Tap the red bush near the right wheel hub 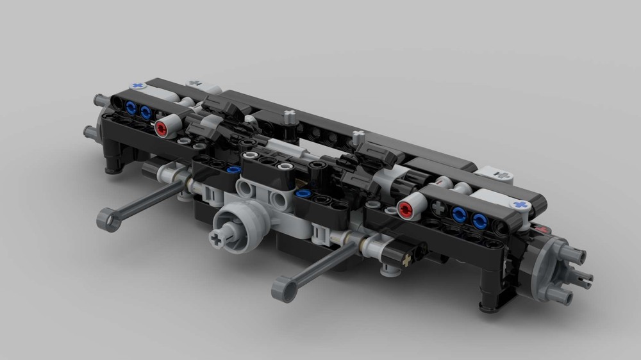pyautogui.click(x=405, y=209)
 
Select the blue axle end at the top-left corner pyautogui.click(x=136, y=85)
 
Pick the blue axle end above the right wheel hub pyautogui.click(x=520, y=205)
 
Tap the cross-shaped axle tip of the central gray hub pyautogui.click(x=214, y=239)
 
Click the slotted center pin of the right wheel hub pyautogui.click(x=585, y=277)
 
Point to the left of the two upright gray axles pyautogui.click(x=290, y=116)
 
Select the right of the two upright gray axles pyautogui.click(x=358, y=135)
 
